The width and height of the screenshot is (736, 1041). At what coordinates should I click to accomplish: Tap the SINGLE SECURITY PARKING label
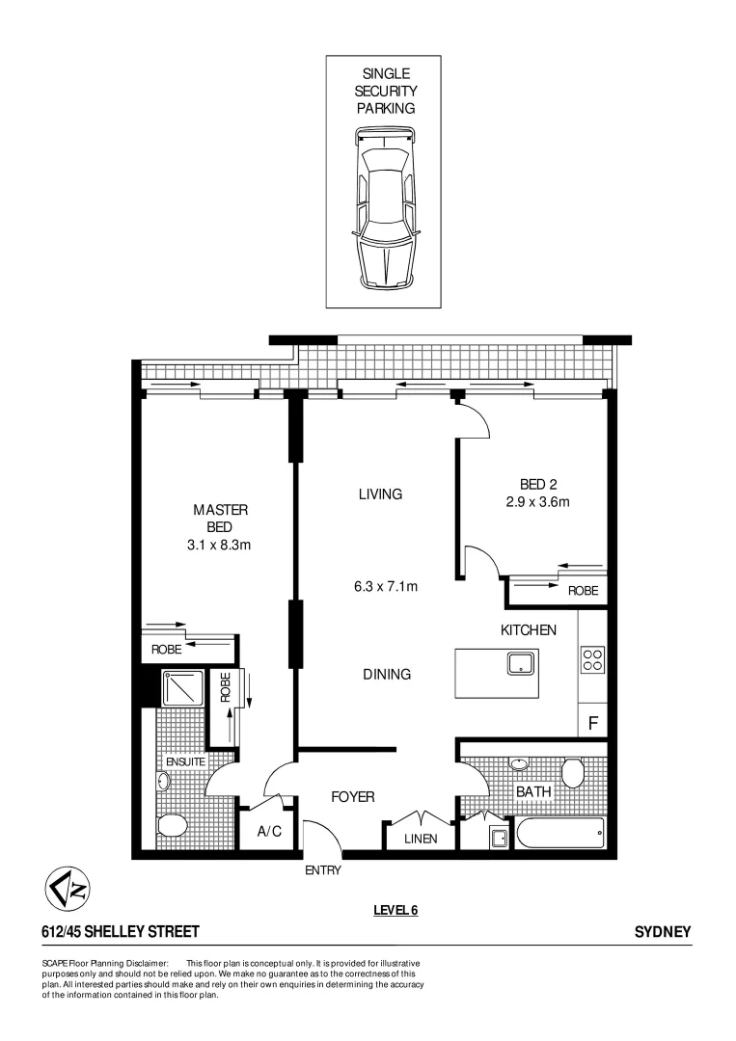[386, 92]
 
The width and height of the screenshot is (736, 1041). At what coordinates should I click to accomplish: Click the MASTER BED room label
[222, 526]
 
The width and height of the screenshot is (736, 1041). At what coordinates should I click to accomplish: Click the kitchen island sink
[522, 663]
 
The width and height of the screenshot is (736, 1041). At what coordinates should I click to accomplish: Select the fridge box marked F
[592, 720]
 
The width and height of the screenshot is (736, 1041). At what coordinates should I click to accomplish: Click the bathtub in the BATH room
[559, 832]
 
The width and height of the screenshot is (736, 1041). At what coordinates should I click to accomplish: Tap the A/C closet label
[269, 832]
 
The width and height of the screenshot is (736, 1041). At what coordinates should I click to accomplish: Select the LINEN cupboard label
[420, 839]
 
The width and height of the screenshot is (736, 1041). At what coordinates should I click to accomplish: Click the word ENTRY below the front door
[322, 869]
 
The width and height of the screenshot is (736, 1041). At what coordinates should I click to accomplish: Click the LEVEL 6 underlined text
[395, 909]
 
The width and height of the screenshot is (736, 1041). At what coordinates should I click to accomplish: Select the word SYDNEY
[663, 932]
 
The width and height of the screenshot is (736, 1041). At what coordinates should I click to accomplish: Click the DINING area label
[387, 675]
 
